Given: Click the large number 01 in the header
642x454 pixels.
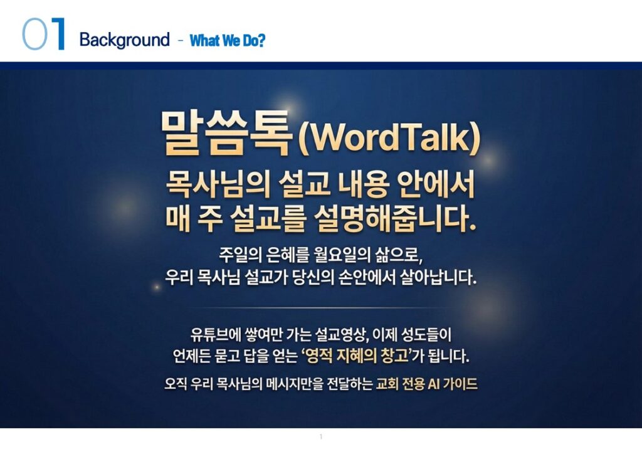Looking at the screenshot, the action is click(43, 34).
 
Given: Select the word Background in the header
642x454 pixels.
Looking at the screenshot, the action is click(125, 40).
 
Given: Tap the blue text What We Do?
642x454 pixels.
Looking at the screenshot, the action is click(228, 41).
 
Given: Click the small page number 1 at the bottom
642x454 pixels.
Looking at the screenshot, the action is click(321, 437).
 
